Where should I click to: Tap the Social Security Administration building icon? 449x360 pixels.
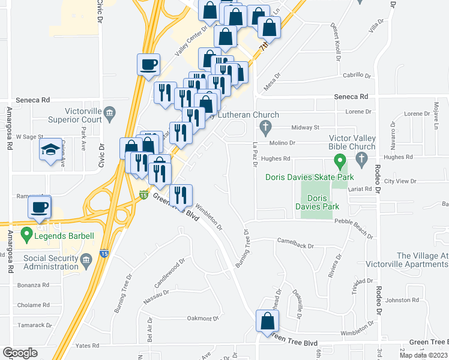coord(85,259)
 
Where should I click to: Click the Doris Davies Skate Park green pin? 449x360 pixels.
coord(340,161)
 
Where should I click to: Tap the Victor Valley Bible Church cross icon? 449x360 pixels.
coord(361,158)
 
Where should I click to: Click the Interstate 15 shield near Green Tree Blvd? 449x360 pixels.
coord(143,195)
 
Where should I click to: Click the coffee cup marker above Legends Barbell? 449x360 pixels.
coord(40,208)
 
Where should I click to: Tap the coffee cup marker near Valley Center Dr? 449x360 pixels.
coord(148,65)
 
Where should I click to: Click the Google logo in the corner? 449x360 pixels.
coord(20,353)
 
